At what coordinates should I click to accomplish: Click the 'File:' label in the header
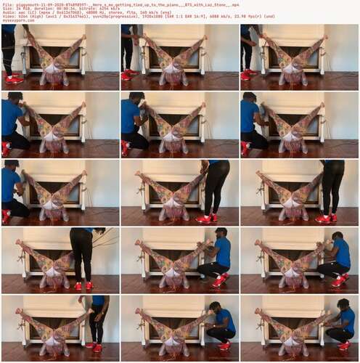pos(7,4)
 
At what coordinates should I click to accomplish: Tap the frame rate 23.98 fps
pos(250,17)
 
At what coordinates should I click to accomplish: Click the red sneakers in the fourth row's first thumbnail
pos(83,285)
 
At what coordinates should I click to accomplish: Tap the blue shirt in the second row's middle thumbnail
pos(131,116)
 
